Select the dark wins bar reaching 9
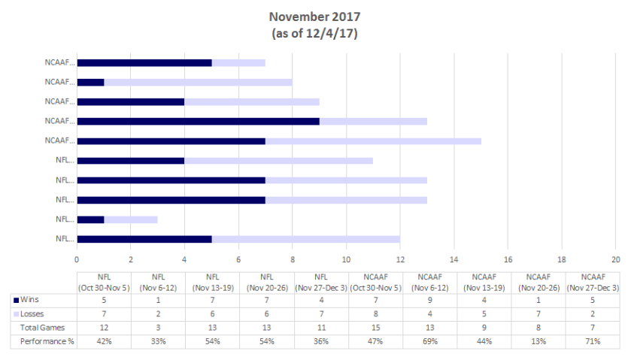point(198,121)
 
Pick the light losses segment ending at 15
point(373,141)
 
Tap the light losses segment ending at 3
point(131,219)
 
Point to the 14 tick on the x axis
point(454,259)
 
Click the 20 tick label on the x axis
point(615,259)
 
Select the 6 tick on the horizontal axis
point(238,259)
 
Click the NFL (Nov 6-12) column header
point(158,282)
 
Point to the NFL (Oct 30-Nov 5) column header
point(104,282)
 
